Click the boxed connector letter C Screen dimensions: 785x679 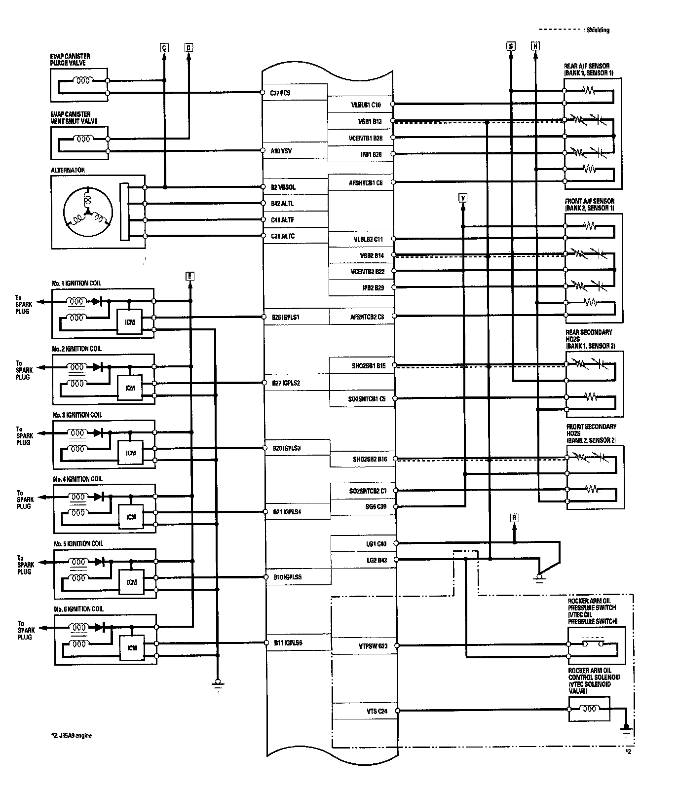coord(164,47)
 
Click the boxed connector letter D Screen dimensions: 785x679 coord(189,47)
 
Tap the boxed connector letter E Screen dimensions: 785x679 coord(189,276)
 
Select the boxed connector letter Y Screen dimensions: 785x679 coord(463,198)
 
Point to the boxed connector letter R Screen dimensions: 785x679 coord(515,518)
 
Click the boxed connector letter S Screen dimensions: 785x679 coord(511,46)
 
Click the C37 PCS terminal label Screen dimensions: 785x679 coord(280,93)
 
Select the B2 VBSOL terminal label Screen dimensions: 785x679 coord(283,187)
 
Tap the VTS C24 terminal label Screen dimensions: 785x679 coord(377,711)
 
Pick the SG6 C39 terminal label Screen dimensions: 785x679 coord(375,506)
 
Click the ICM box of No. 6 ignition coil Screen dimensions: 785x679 coord(132,648)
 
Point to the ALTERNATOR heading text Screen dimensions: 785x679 coord(68,170)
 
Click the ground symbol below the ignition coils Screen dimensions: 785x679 coord(217,684)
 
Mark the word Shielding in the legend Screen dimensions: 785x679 coord(598,30)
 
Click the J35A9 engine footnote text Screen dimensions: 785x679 coord(70,736)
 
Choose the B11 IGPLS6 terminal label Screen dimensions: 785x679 coord(288,643)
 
